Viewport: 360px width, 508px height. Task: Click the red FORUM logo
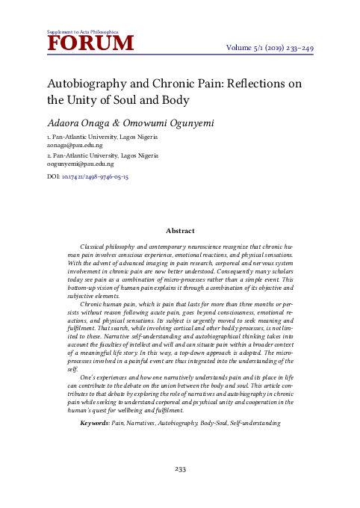pyautogui.click(x=90, y=44)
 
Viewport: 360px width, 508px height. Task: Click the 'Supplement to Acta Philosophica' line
pyautogui.click(x=82, y=32)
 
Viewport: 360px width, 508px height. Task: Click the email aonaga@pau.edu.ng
pyautogui.click(x=75, y=146)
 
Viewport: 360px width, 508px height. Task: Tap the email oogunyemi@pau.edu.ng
pyautogui.click(x=81, y=163)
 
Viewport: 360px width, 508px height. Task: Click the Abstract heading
pyautogui.click(x=180, y=231)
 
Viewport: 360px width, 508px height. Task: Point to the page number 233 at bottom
pyautogui.click(x=180, y=469)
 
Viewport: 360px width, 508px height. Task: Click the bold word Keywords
pyautogui.click(x=94, y=424)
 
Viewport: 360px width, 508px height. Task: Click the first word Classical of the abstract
pyautogui.click(x=95, y=246)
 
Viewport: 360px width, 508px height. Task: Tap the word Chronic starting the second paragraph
pyautogui.click(x=93, y=305)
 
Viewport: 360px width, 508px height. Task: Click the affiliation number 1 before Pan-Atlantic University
pyautogui.click(x=49, y=138)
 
